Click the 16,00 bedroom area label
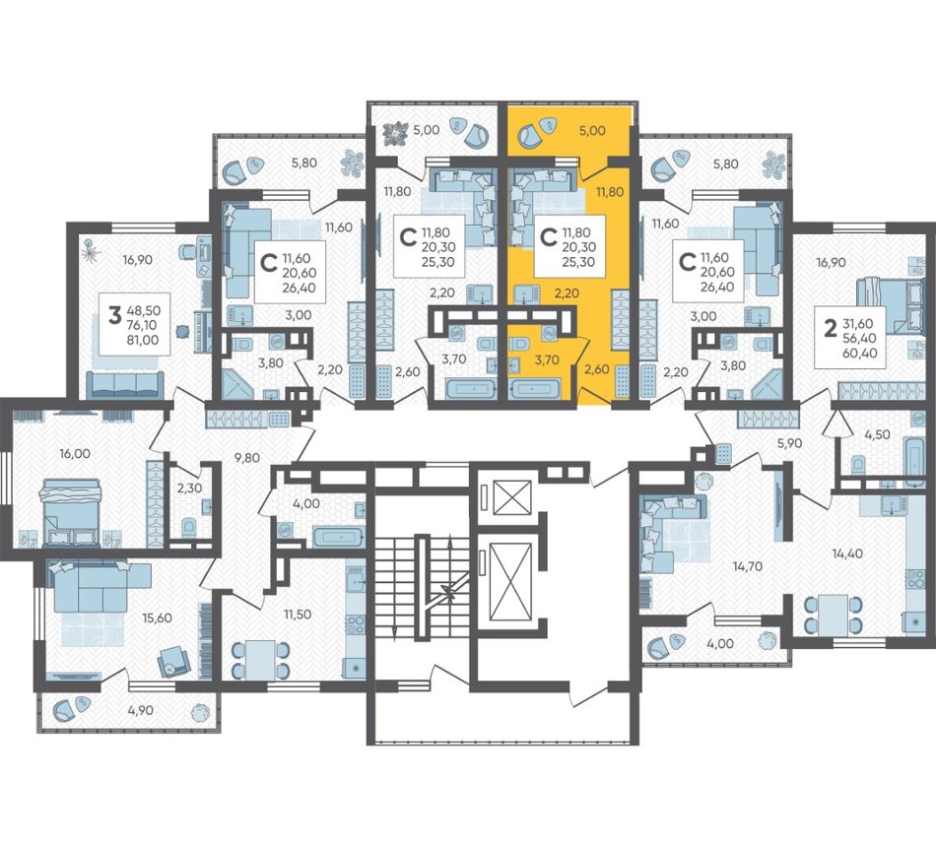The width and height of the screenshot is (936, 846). click(75, 453)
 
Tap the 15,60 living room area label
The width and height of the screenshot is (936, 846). click(157, 618)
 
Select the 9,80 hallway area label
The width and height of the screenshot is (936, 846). click(247, 458)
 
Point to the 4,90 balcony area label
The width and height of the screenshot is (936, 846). click(141, 710)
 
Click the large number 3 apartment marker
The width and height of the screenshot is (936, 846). click(114, 315)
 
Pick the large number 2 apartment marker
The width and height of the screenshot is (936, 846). click(829, 328)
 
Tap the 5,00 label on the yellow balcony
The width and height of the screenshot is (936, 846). click(592, 131)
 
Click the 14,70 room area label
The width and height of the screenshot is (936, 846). click(748, 566)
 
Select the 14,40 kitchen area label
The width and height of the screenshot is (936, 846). click(847, 553)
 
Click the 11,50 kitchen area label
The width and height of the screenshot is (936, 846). click(297, 614)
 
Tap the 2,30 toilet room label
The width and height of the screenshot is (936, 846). click(189, 488)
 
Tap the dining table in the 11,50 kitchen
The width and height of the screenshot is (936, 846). click(261, 659)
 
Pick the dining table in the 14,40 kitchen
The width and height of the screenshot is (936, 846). click(833, 616)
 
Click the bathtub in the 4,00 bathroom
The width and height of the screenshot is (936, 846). click(338, 537)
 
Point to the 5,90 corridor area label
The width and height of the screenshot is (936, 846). click(789, 442)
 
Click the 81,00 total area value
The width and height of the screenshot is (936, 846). click(143, 340)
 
